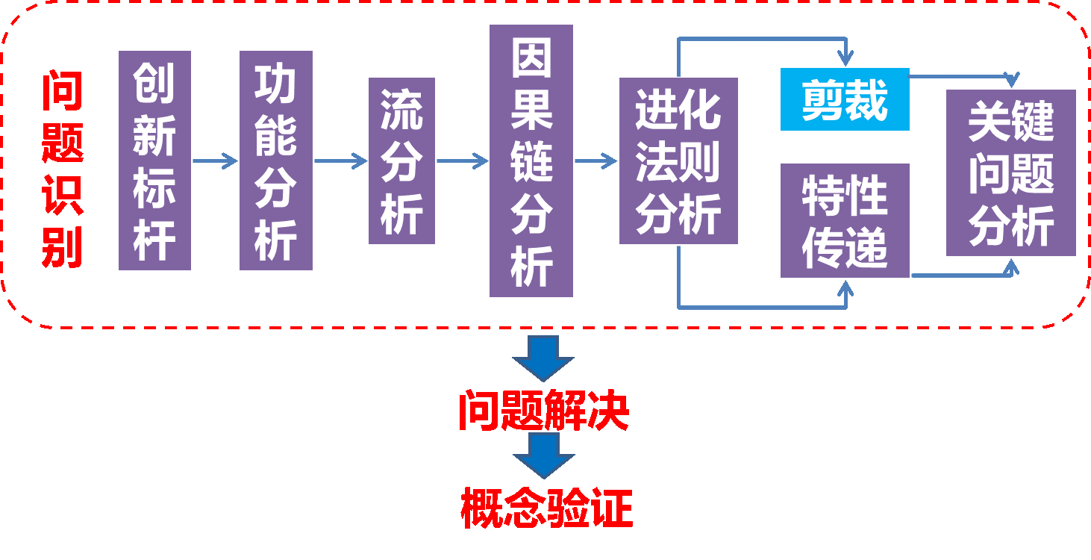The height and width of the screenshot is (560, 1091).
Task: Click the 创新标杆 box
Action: pos(154,161)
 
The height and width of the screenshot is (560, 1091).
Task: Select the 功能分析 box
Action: pos(275,161)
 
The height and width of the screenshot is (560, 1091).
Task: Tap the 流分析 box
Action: pos(401,161)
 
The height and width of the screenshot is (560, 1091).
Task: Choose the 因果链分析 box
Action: pos(531,161)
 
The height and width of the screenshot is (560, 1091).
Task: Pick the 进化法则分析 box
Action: pos(678,161)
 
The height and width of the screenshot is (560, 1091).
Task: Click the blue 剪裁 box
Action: pos(845,100)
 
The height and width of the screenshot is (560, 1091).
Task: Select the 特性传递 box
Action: pos(845,221)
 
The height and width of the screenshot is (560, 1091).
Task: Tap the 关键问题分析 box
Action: pos(1010,173)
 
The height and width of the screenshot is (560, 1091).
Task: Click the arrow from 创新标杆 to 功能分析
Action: pos(215,161)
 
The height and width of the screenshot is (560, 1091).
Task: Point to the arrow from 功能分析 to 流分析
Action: pos(340,161)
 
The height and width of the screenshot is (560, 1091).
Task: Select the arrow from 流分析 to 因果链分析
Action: pos(462,161)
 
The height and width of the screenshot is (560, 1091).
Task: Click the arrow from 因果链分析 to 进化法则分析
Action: pos(596,161)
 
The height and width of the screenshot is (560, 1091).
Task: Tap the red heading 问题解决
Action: pos(543,410)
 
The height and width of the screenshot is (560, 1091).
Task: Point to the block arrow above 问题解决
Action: pos(543,358)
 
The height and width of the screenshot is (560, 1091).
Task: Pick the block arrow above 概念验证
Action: pos(543,455)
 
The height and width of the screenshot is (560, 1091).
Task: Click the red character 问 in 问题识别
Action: pos(62,91)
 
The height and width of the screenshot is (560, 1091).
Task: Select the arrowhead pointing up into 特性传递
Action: pos(845,287)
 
